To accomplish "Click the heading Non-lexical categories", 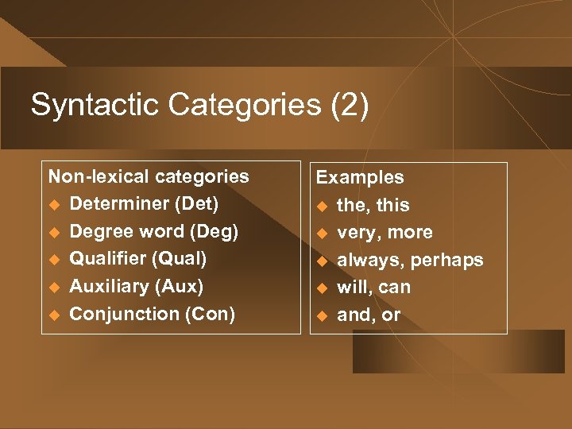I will click(x=149, y=176).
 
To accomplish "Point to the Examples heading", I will click(x=360, y=178).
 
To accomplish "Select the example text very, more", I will click(x=385, y=233).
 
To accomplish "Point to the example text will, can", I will click(x=373, y=287).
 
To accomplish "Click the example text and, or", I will click(x=369, y=315).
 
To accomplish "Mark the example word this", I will click(x=392, y=205).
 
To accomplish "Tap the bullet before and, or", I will click(x=322, y=315).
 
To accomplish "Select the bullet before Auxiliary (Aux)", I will click(x=53, y=287).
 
